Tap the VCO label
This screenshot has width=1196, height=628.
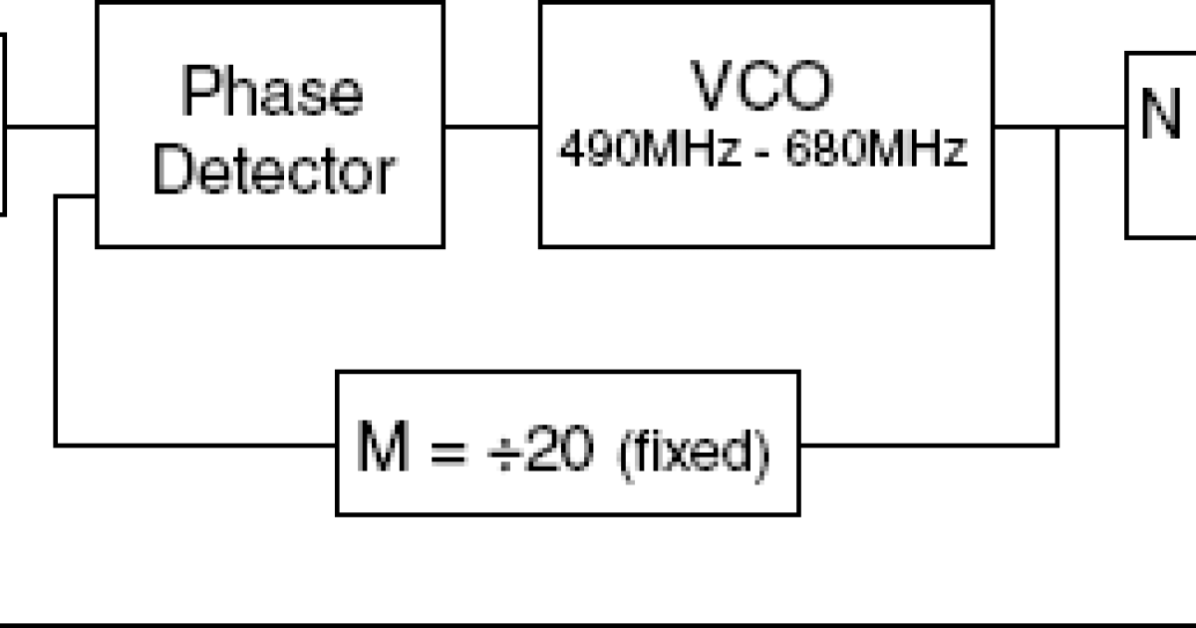[762, 88]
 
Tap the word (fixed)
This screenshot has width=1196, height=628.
[696, 454]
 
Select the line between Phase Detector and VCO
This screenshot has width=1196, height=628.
[491, 127]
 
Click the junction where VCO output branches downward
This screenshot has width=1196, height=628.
[1057, 128]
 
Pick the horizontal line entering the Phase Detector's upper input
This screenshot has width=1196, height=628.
[50, 127]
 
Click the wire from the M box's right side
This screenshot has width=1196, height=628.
[927, 444]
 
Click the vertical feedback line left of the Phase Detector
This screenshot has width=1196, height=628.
[56, 319]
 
